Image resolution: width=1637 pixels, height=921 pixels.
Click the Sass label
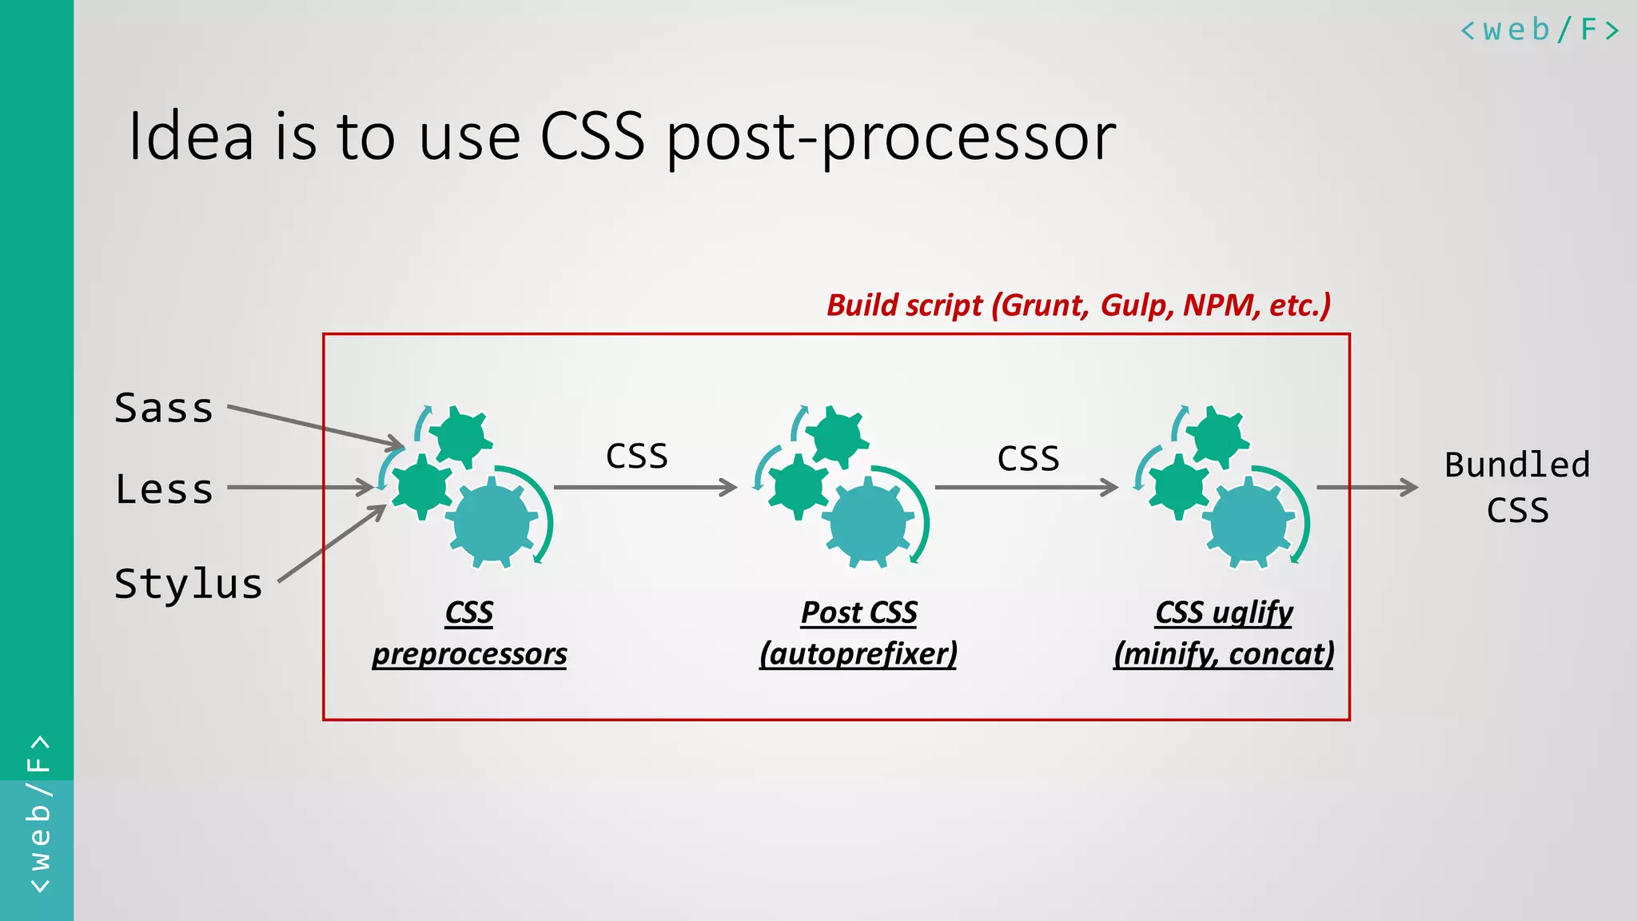164,409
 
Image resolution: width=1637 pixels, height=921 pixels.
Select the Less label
164,489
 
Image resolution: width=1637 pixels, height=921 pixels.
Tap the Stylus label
189,584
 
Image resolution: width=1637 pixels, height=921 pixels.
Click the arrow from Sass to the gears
315,425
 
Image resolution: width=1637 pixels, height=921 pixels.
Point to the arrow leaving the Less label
300,487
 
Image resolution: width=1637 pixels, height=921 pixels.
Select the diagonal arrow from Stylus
332,544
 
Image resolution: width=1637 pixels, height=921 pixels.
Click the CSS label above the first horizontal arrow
636,457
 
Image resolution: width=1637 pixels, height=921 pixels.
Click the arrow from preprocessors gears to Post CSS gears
644,487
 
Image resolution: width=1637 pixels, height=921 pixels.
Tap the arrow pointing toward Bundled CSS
1366,486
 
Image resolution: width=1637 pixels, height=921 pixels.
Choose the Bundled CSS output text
1517,487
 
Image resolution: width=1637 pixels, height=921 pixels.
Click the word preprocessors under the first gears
469,654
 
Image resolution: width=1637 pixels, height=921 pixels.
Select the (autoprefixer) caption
858,654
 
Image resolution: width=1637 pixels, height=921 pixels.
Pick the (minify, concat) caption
1224,654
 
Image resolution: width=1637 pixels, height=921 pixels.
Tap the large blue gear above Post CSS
868,524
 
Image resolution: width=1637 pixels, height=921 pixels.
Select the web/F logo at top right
1539,30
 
